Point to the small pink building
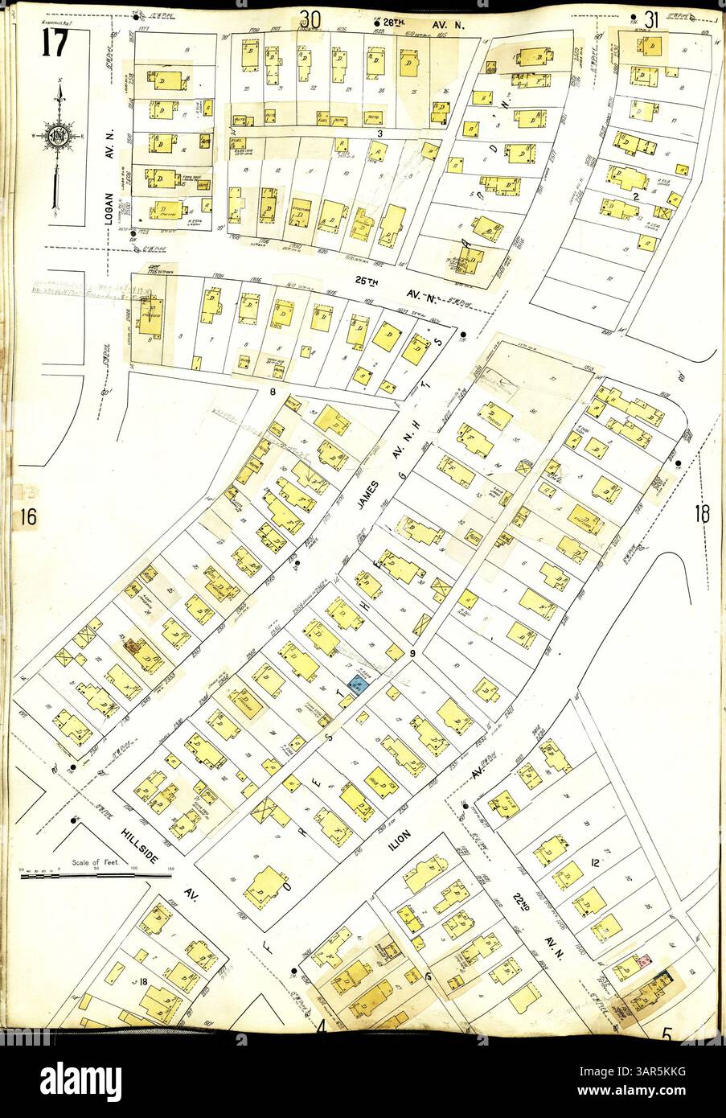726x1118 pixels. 643,961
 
